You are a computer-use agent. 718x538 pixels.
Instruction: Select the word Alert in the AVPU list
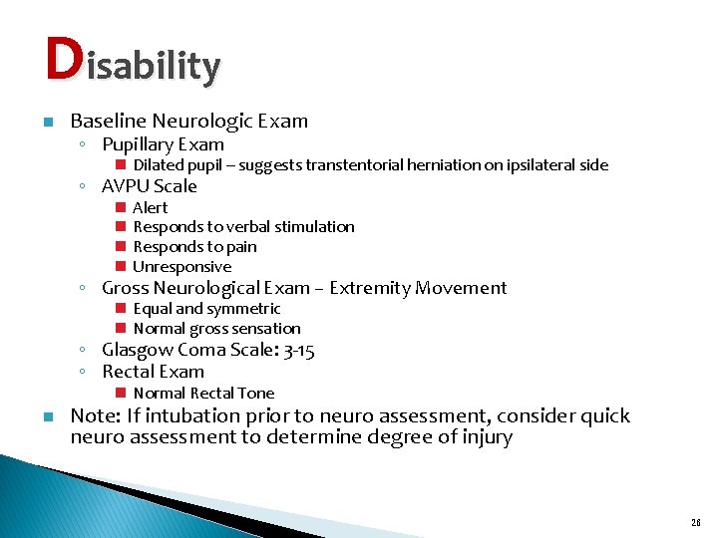click(151, 207)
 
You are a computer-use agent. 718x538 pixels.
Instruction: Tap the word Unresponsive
click(181, 267)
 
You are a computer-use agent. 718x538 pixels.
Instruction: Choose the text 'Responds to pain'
click(194, 247)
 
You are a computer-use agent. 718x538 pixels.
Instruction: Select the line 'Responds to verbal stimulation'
click(243, 227)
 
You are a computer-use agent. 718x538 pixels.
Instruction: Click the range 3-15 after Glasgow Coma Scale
click(300, 350)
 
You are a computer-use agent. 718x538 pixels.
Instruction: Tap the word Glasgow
click(138, 350)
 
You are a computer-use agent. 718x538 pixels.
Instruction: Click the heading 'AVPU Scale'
click(150, 186)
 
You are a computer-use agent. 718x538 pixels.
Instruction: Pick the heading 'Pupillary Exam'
click(163, 144)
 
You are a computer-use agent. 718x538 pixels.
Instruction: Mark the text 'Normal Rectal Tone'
click(203, 394)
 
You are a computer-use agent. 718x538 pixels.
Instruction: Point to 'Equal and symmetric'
click(206, 309)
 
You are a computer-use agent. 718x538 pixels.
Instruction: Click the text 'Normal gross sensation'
click(216, 329)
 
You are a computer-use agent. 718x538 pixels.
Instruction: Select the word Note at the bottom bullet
click(93, 415)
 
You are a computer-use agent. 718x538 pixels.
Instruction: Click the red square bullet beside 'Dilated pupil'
click(119, 165)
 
